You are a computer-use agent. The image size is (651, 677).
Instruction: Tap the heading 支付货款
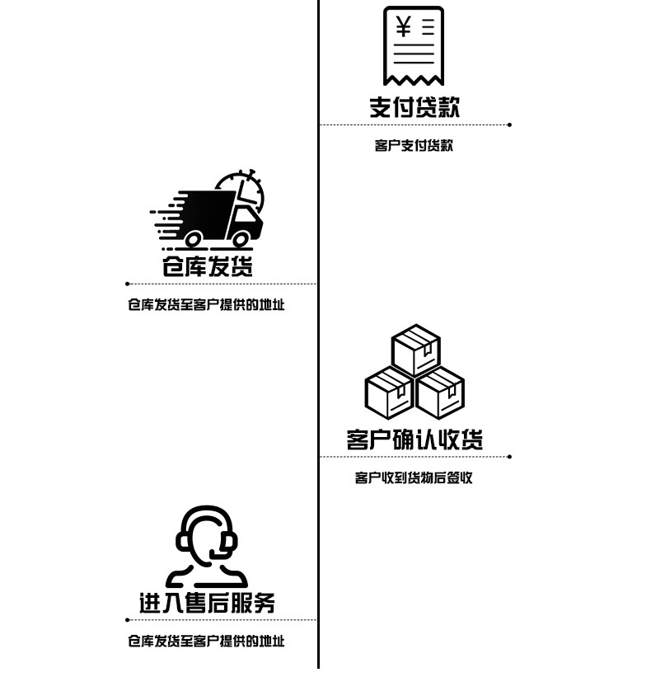414,106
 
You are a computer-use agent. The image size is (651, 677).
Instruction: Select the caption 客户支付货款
414,146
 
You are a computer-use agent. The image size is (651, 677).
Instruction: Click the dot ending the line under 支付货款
509,125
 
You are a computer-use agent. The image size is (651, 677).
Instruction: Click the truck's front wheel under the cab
241,239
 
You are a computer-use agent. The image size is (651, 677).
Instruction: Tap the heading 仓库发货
207,266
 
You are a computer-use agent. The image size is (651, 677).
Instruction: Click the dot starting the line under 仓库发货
128,284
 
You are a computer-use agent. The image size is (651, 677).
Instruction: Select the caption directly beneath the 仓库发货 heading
206,304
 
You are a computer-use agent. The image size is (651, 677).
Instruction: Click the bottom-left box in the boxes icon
389,393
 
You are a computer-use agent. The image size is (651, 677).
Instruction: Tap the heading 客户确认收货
414,439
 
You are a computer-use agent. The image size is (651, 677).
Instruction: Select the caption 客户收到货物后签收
414,477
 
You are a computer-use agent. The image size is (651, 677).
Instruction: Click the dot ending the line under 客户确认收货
509,456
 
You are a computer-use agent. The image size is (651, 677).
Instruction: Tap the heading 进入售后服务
207,603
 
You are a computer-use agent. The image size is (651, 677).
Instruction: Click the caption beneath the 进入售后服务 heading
206,641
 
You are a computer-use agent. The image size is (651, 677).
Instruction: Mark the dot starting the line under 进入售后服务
128,619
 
